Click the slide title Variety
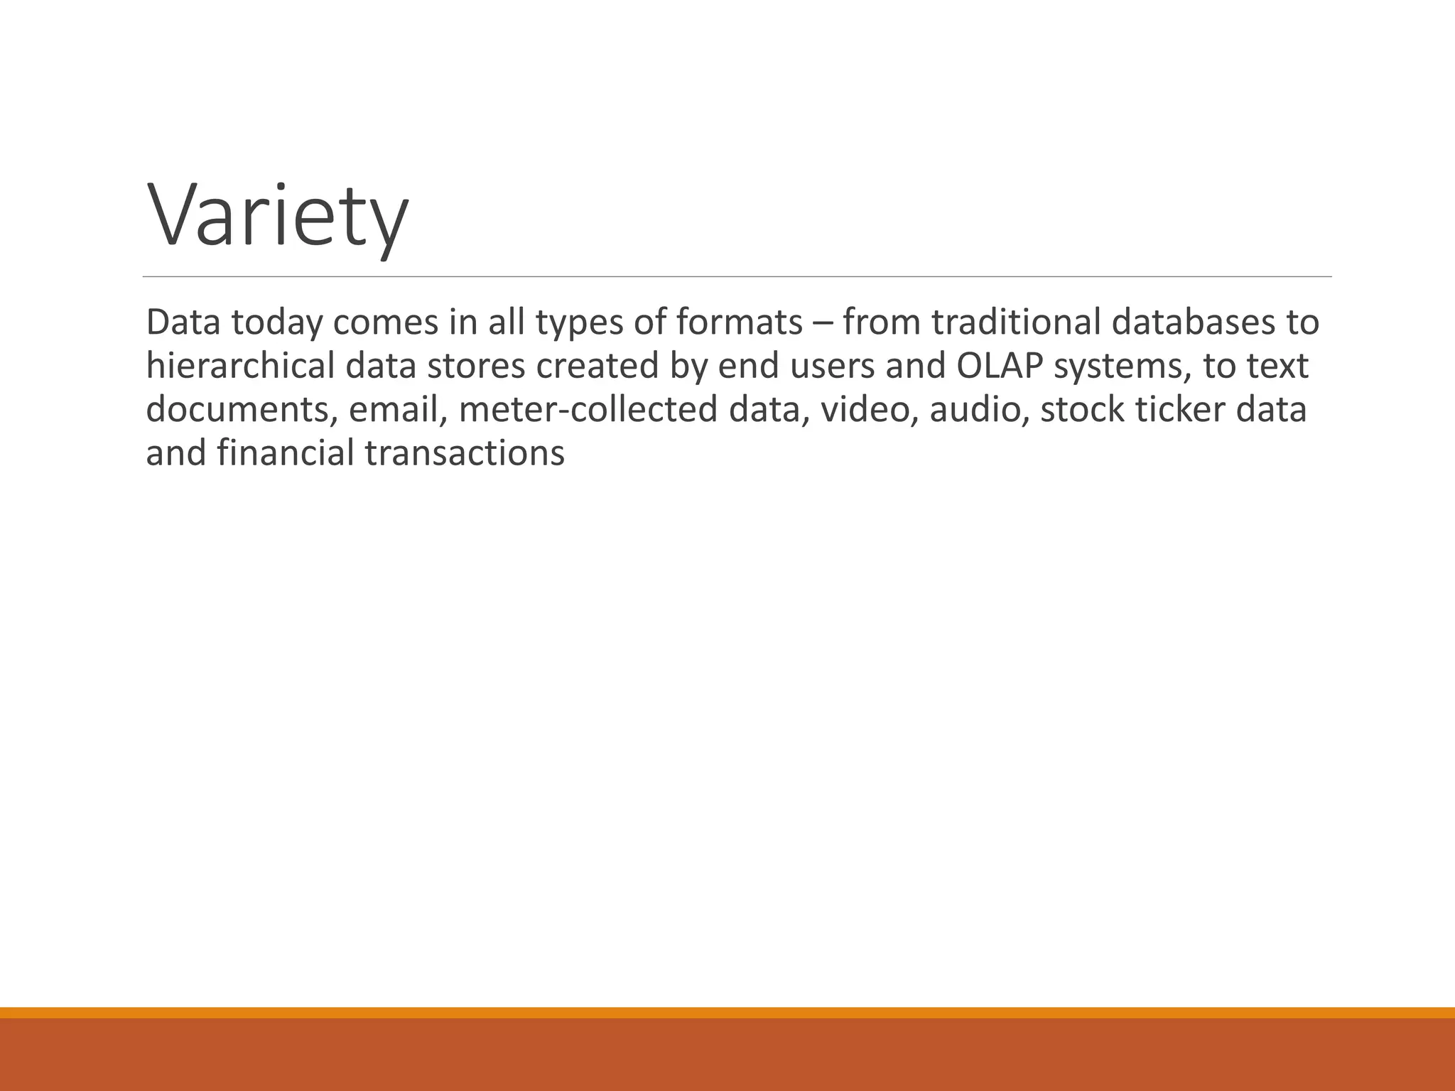(x=277, y=217)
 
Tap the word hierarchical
(x=239, y=367)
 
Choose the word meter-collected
(x=588, y=411)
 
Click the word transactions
(x=465, y=454)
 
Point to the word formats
(x=739, y=322)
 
